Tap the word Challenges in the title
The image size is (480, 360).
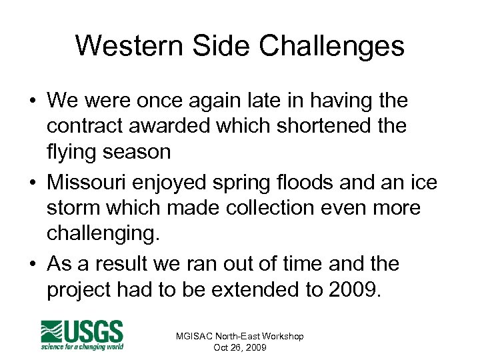click(332, 46)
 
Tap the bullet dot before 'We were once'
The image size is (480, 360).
click(32, 101)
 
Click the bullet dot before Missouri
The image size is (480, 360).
click(32, 181)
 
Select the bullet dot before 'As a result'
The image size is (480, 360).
click(32, 264)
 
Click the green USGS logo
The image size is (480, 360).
click(83, 332)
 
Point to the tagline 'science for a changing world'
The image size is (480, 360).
click(83, 346)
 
